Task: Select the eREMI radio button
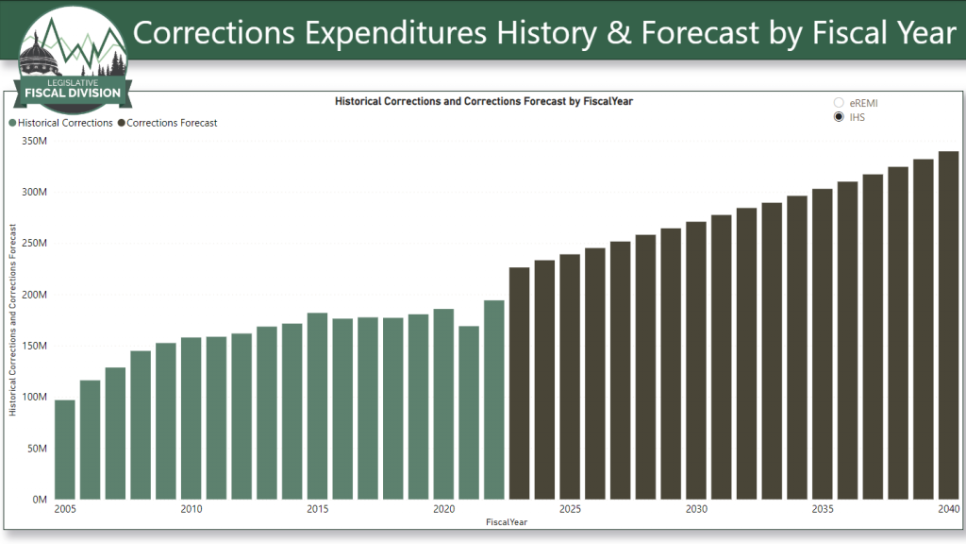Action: pos(839,102)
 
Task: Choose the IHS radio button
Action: pos(839,117)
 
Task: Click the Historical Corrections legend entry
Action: pos(61,123)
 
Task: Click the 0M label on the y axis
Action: pos(39,499)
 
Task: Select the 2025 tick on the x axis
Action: pos(570,510)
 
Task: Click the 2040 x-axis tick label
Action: pos(948,510)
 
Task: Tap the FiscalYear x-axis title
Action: pos(508,521)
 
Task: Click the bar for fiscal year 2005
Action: pos(65,450)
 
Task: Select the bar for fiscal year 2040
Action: pos(948,325)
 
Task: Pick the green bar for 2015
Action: pos(317,406)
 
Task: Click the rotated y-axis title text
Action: pos(14,319)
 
